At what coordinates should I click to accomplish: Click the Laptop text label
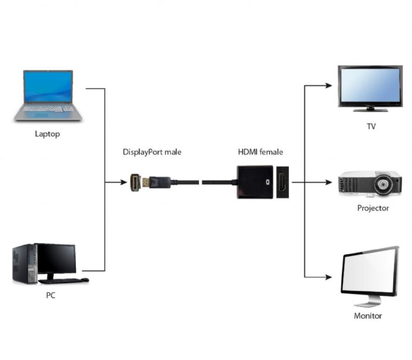(x=47, y=134)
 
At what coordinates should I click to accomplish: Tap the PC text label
(x=50, y=295)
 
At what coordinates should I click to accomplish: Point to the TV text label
(x=371, y=126)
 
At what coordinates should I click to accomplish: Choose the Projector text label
(x=373, y=208)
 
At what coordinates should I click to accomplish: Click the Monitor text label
(x=368, y=316)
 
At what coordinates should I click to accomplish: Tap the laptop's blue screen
(x=48, y=87)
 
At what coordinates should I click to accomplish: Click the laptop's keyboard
(x=48, y=109)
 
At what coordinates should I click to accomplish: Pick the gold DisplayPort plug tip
(x=146, y=182)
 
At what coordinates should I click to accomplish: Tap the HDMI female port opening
(x=282, y=182)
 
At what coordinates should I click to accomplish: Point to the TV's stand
(x=370, y=109)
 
